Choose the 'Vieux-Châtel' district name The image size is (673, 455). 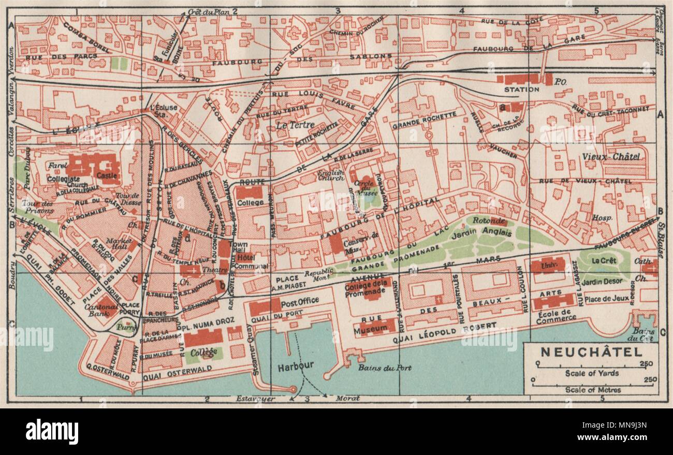click(x=604, y=156)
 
